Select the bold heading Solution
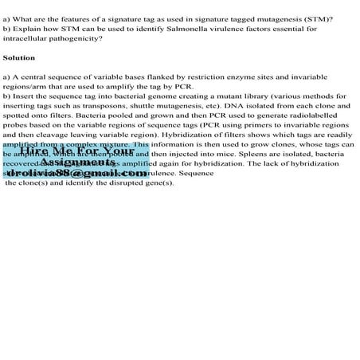[18, 58]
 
